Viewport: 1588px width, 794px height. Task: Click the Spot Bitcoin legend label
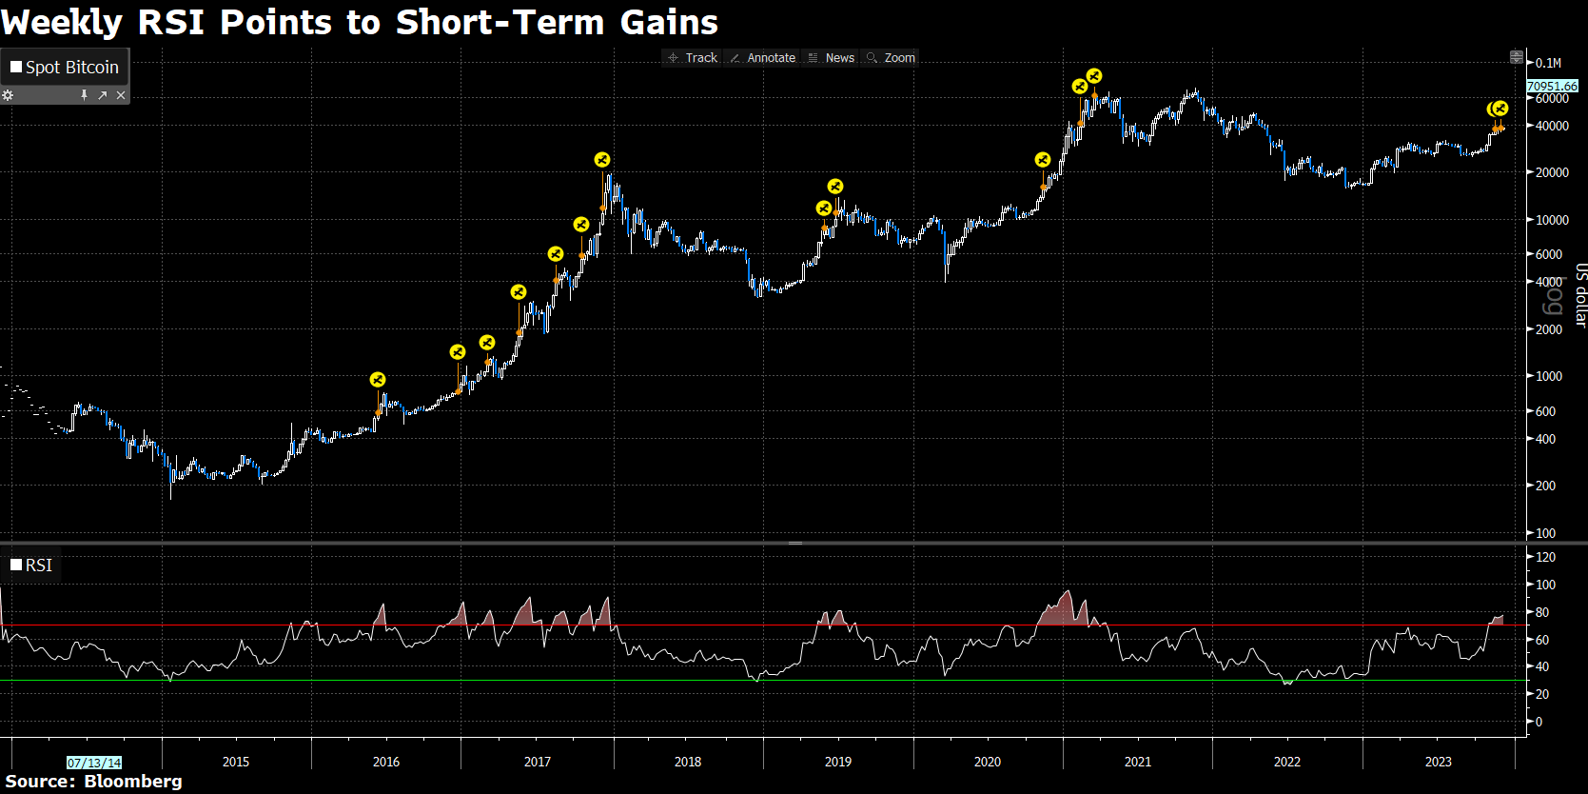tap(71, 68)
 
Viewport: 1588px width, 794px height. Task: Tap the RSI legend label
tap(38, 566)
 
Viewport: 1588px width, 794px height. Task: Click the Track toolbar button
tap(694, 58)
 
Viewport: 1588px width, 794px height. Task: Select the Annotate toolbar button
tap(763, 58)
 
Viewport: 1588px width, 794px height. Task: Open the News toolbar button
tap(833, 58)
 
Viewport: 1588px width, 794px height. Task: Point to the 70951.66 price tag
tap(1552, 86)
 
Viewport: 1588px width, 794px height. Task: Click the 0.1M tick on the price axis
tap(1548, 63)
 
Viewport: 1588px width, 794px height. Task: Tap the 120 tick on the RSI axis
tap(1545, 557)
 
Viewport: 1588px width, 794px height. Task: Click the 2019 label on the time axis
tap(838, 762)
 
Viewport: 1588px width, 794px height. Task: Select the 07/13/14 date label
tap(94, 763)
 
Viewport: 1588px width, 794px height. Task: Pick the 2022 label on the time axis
tap(1287, 762)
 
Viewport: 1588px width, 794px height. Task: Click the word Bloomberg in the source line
tap(133, 782)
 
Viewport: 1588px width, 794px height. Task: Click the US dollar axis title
tap(1580, 295)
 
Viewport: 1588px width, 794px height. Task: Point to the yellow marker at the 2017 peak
tap(601, 160)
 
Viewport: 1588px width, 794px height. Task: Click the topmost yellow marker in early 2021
tap(1094, 76)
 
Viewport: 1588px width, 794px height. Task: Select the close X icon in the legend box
tap(121, 95)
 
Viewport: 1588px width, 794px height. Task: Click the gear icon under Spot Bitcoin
tap(8, 95)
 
